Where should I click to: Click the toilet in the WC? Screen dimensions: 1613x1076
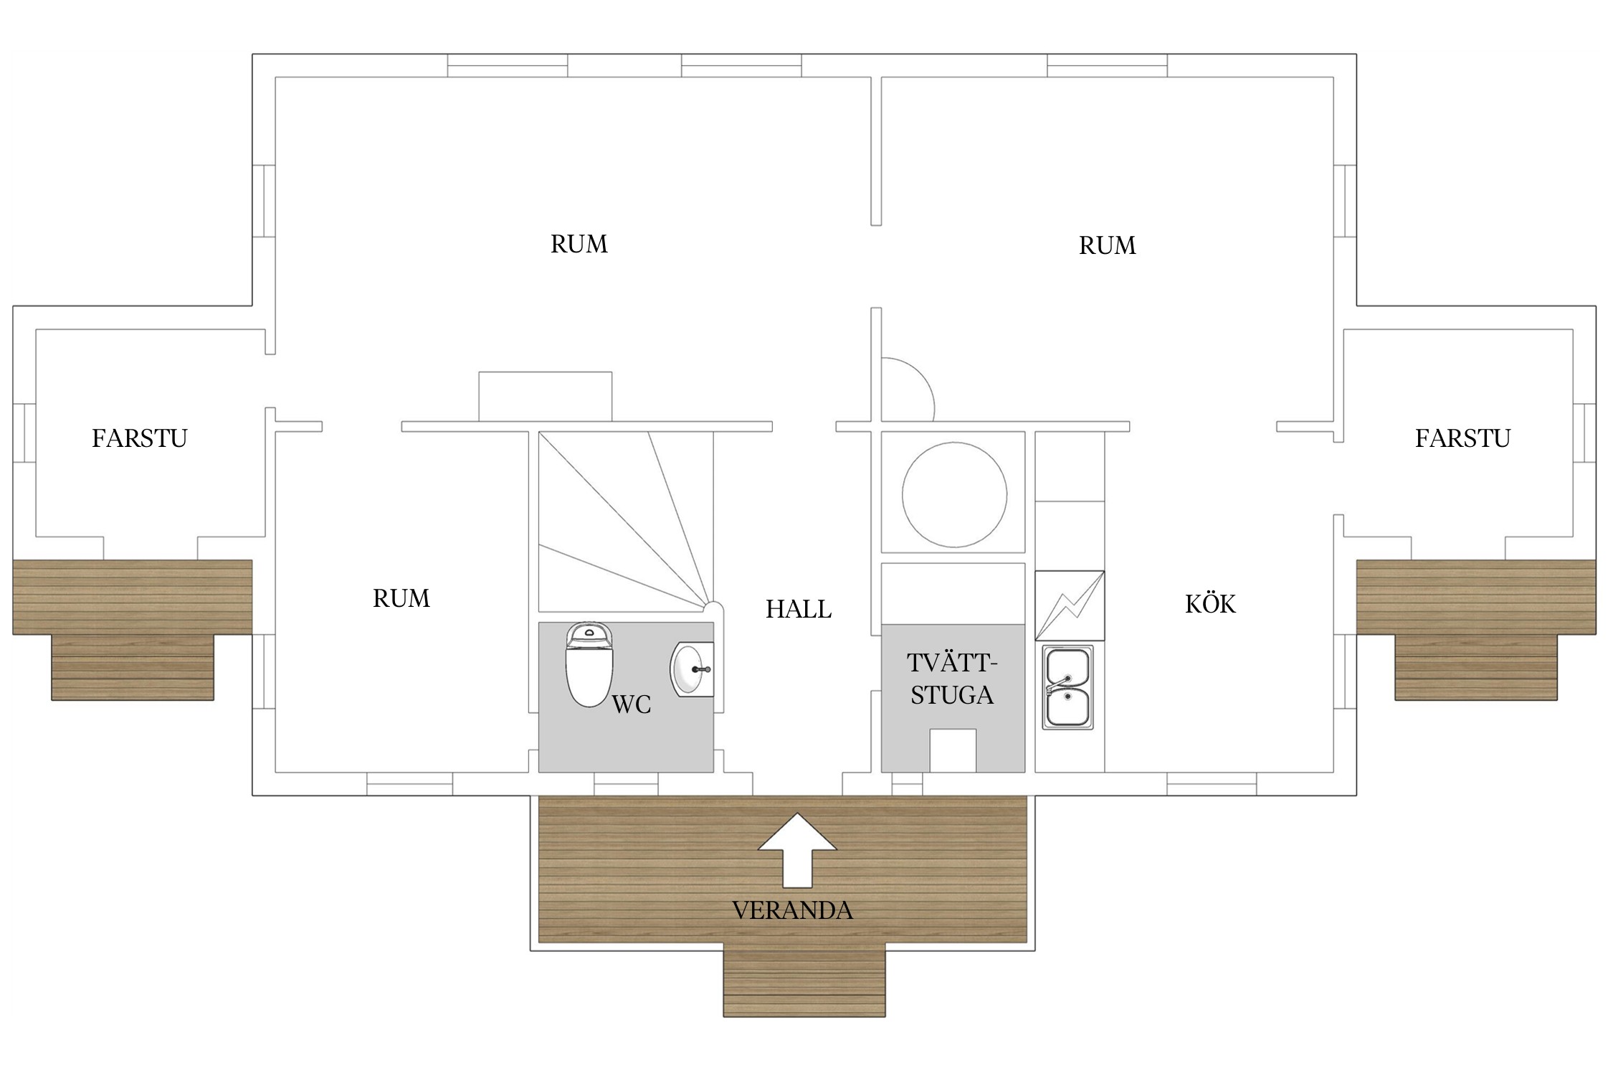tap(589, 664)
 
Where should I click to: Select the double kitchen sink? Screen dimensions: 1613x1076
tap(1067, 687)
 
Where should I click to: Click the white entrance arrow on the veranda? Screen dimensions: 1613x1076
tap(797, 851)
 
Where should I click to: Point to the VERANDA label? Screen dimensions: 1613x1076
tap(792, 910)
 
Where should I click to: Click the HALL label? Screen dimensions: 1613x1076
tap(799, 609)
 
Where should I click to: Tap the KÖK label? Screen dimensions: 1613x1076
tap(1210, 603)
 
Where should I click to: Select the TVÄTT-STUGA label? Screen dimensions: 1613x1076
tap(952, 679)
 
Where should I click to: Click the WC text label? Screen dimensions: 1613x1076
tap(631, 704)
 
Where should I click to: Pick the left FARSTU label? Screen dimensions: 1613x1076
tap(140, 438)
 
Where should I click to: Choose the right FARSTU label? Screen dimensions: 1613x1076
tap(1462, 438)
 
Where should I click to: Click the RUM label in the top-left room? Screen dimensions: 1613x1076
tap(579, 244)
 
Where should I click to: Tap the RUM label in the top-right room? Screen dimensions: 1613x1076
tap(1108, 245)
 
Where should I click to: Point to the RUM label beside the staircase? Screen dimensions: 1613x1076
tap(401, 598)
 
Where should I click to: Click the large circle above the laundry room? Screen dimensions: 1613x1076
tap(954, 494)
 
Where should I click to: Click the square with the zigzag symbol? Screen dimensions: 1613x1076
tap(1070, 605)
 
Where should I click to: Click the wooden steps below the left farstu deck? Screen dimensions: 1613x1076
tap(133, 667)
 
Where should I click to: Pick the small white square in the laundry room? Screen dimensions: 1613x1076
tap(953, 750)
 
